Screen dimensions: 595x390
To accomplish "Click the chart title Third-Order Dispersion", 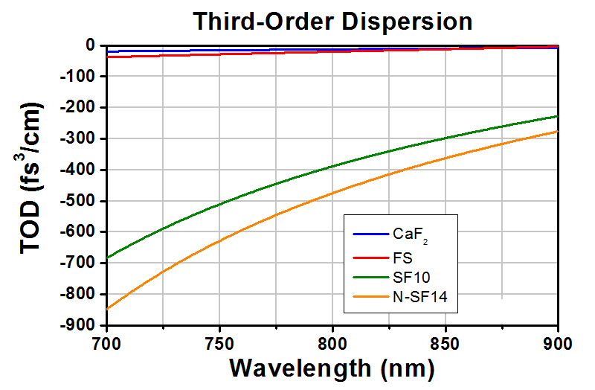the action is [332, 22].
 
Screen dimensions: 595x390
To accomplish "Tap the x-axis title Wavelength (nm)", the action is [332, 368].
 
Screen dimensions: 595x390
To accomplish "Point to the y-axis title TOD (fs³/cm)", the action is [30, 178].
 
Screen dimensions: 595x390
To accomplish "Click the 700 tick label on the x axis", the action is [107, 344].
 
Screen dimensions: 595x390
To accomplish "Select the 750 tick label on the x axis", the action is [219, 344].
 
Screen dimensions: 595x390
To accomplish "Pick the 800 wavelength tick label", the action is [332, 344].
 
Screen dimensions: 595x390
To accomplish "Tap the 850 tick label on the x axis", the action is [445, 344].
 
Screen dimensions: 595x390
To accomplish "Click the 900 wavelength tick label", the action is [557, 344].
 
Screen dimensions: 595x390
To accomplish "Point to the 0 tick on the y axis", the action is [90, 45].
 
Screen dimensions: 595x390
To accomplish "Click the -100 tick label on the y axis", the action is [78, 77].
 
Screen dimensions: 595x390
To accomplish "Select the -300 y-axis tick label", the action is [78, 138].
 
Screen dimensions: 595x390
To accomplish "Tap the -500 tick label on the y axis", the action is [78, 201].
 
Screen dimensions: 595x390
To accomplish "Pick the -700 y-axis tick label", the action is [78, 263].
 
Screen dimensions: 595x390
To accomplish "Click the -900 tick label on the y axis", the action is [78, 325].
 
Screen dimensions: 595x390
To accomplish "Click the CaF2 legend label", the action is [411, 235].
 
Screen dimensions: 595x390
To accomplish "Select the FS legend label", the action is [402, 258].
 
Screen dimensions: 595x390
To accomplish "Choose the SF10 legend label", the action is [412, 277].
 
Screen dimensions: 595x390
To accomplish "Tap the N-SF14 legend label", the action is [420, 296].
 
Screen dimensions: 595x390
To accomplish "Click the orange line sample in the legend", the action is [371, 296].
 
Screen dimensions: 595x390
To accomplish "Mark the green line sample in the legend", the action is [371, 277].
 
